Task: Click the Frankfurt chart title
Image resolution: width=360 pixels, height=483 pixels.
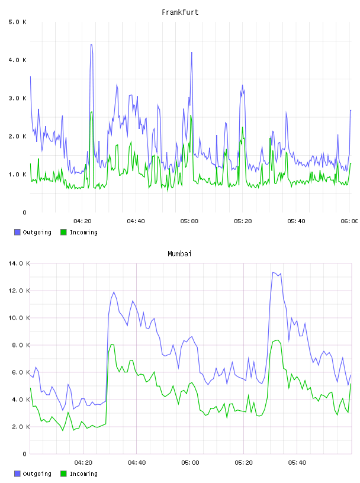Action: [x=180, y=12]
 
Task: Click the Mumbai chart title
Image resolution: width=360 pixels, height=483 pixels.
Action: [x=179, y=254]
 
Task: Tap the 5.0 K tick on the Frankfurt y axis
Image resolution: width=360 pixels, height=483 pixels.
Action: [x=18, y=22]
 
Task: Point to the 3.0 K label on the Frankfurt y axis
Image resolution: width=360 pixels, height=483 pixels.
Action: [x=18, y=98]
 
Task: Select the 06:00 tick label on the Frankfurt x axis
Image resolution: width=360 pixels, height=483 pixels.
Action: [x=349, y=221]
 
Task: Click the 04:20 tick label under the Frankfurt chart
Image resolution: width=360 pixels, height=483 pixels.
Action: [x=83, y=221]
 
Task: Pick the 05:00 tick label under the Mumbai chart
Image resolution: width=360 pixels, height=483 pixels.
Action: [x=190, y=463]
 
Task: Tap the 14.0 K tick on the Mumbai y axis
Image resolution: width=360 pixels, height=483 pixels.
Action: [x=19, y=263]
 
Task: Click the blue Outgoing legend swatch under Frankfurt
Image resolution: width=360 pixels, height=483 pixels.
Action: [x=17, y=232]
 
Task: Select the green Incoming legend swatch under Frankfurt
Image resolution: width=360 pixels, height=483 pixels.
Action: [x=63, y=232]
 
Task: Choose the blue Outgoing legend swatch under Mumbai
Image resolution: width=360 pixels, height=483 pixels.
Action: [x=17, y=474]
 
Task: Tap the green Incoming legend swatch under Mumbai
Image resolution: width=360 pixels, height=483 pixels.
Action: [x=63, y=474]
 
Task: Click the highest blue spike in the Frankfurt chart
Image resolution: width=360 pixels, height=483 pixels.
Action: [x=91, y=44]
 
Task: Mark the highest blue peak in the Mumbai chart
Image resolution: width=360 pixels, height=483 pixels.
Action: [x=273, y=273]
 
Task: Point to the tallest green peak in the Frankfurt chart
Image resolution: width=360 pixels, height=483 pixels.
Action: [x=91, y=112]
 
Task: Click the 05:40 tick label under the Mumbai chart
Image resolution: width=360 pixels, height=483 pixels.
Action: [x=297, y=463]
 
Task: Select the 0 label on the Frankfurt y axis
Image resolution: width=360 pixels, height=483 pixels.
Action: [x=25, y=212]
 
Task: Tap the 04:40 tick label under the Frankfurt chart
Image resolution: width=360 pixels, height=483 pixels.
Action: [x=136, y=221]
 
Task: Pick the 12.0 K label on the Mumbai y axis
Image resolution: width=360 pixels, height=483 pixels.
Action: [x=19, y=291]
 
